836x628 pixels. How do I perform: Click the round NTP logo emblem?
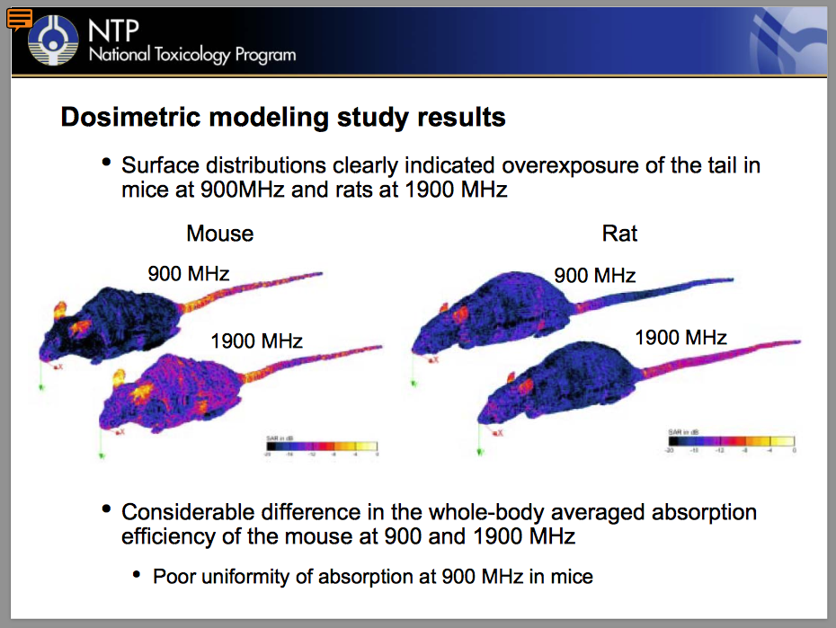pos(55,41)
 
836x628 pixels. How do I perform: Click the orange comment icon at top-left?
pos(20,18)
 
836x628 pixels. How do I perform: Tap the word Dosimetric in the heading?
pos(116,117)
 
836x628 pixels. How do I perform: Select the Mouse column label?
pos(219,234)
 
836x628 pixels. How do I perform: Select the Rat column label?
pos(619,234)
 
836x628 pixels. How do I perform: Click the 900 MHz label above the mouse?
pos(189,273)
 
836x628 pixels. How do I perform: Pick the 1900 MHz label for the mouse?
pos(256,341)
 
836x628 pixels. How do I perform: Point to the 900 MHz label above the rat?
pos(594,275)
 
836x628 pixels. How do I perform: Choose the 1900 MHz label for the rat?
pos(680,338)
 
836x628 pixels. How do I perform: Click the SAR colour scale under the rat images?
pos(731,440)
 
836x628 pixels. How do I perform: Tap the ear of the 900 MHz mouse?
pos(62,312)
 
